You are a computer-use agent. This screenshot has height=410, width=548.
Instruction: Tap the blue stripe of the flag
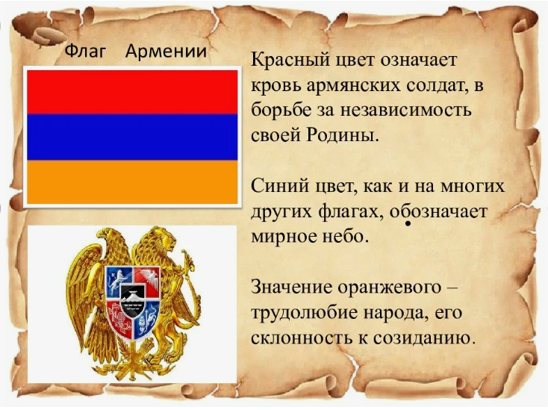131,137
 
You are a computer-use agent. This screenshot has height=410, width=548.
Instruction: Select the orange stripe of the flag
131,181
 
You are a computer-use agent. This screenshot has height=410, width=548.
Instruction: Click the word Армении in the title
166,52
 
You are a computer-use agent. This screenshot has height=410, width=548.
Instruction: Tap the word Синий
277,185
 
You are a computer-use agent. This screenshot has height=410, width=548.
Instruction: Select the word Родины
339,137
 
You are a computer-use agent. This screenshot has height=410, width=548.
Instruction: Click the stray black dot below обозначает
408,224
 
